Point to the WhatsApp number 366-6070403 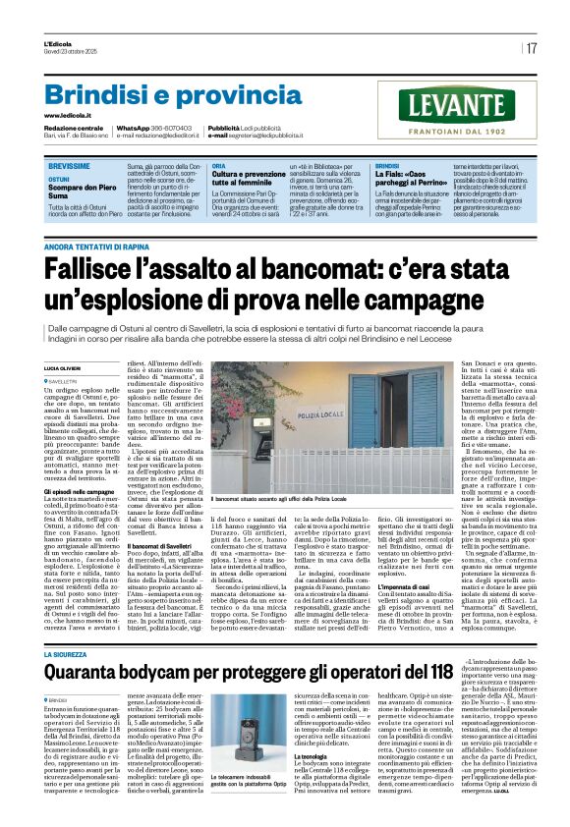point(172,129)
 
